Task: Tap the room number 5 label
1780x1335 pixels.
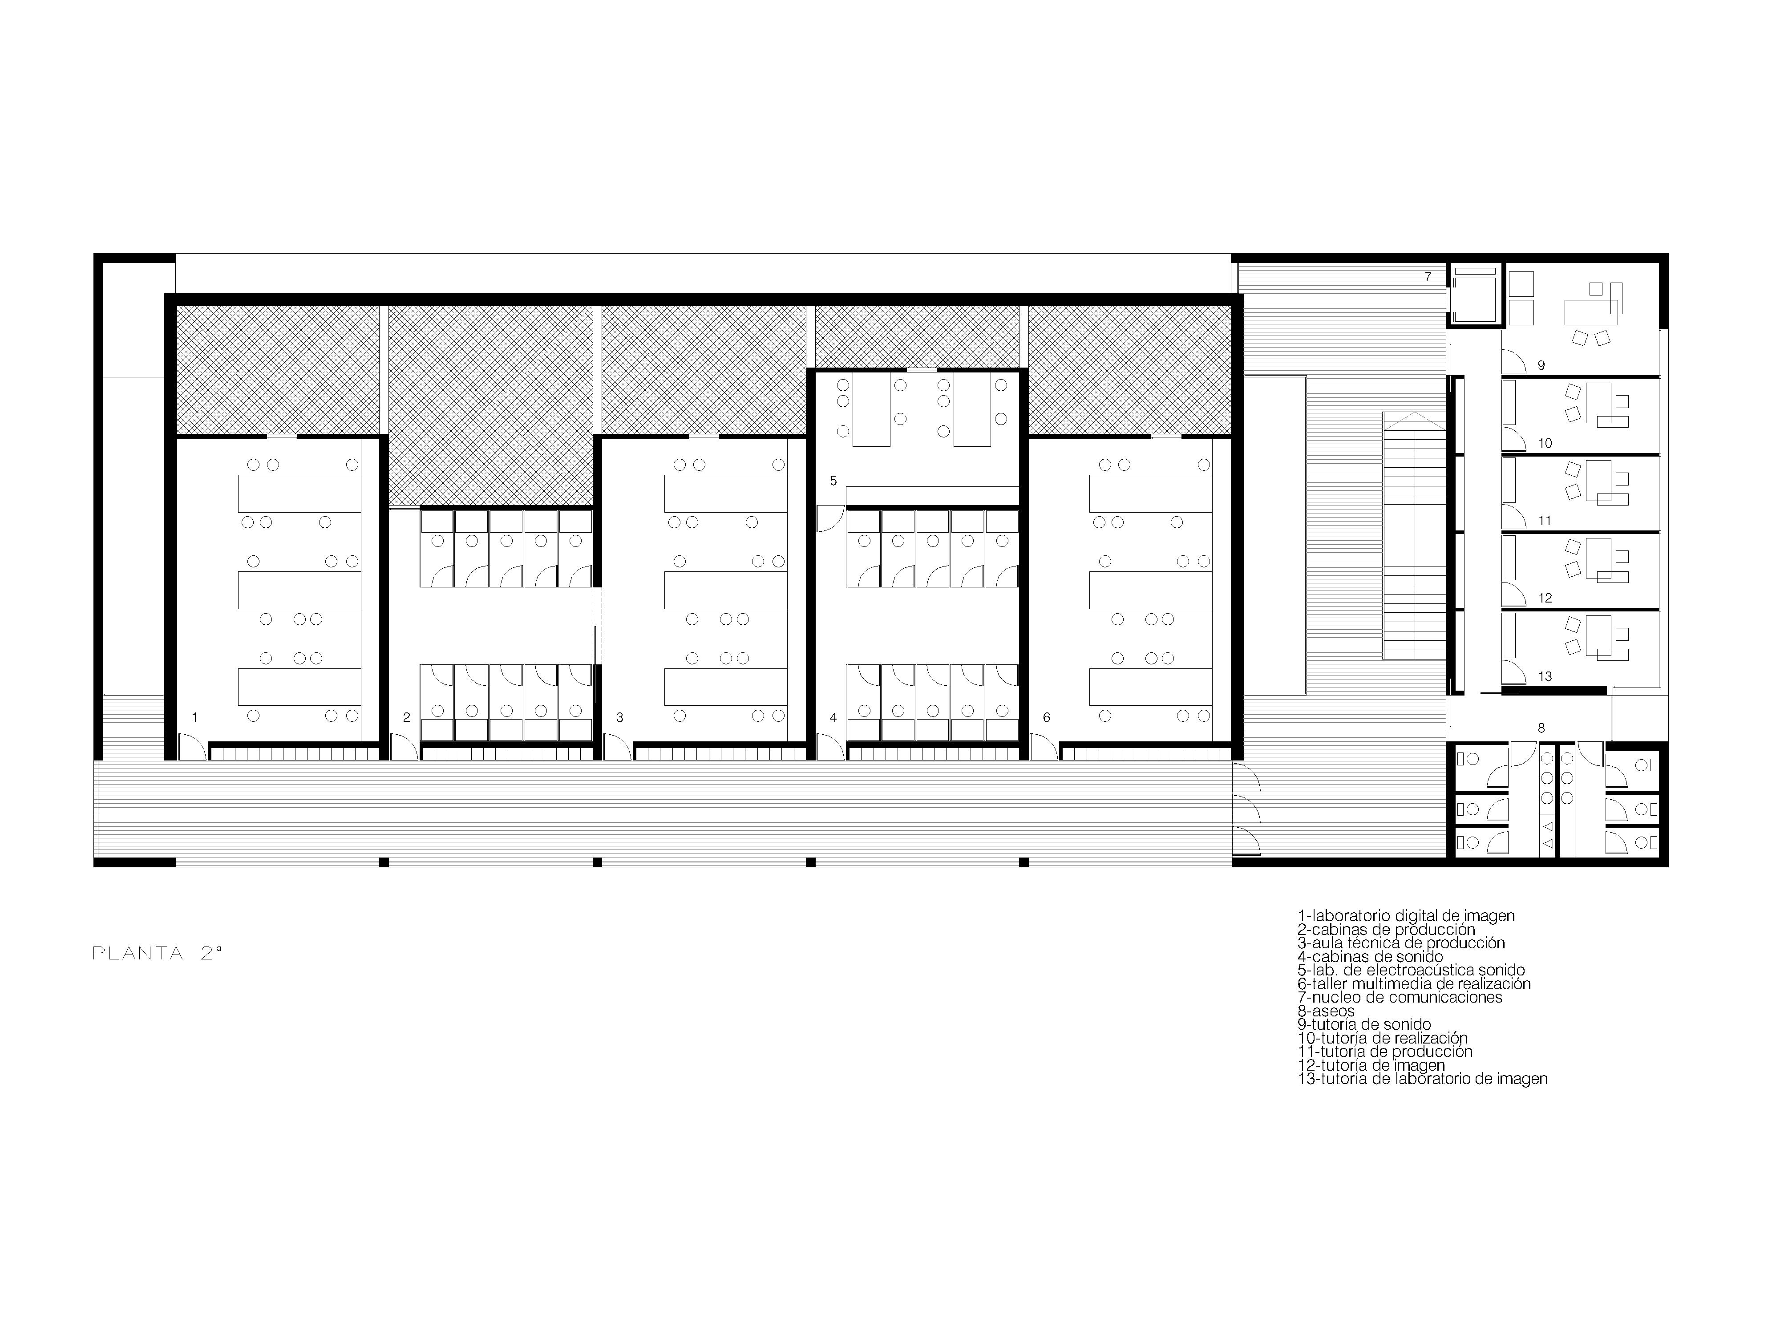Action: [833, 481]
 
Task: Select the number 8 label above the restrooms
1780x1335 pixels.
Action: [1541, 728]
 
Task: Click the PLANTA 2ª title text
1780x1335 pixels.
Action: [157, 954]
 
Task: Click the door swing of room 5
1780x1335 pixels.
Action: [829, 519]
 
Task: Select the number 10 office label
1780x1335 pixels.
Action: [1545, 443]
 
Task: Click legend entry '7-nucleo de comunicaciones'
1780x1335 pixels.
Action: [1400, 998]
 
